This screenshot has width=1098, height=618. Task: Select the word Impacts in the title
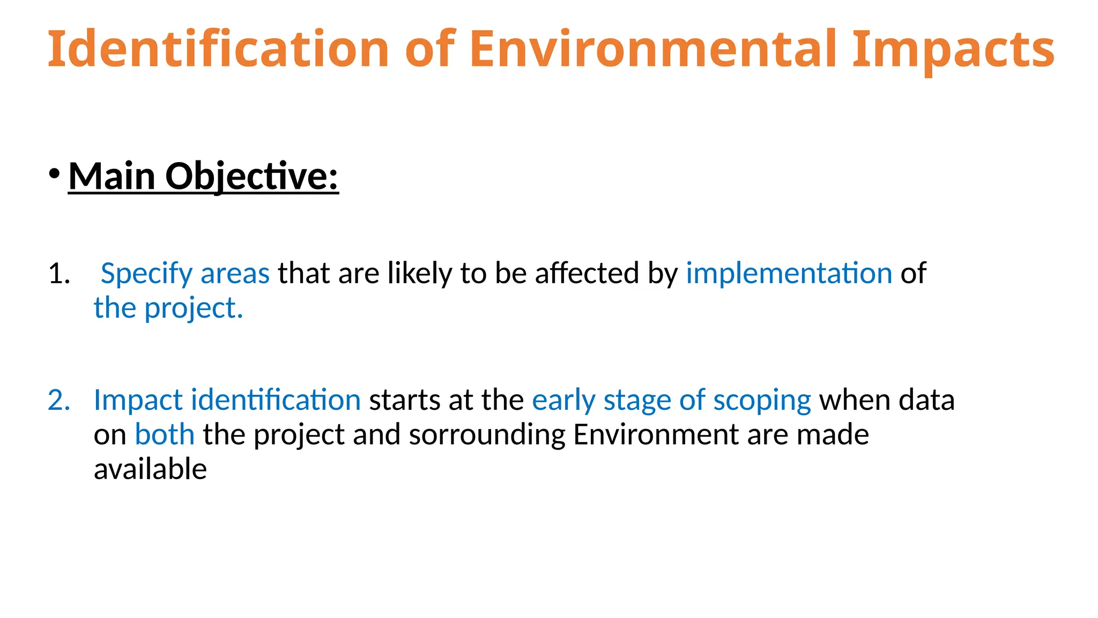pyautogui.click(x=953, y=49)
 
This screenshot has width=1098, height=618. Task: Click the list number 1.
pyautogui.click(x=59, y=274)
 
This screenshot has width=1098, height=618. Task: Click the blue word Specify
pyautogui.click(x=146, y=274)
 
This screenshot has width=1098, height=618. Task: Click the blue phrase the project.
pyautogui.click(x=168, y=308)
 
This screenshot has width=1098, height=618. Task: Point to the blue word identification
pyautogui.click(x=276, y=400)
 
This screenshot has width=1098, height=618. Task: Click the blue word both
pyautogui.click(x=164, y=434)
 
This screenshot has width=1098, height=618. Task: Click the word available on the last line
pyautogui.click(x=150, y=469)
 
